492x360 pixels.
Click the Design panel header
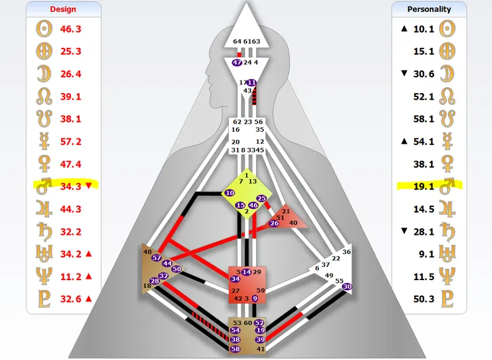(63, 9)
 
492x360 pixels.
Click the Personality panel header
(428, 9)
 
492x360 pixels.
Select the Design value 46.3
(70, 29)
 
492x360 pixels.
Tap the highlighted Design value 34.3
(70, 186)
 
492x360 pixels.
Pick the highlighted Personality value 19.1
(423, 186)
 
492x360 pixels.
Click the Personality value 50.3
(423, 299)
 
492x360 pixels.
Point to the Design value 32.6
(70, 299)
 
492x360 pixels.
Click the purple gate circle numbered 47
(237, 63)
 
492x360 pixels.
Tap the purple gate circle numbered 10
(230, 193)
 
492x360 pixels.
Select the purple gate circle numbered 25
(261, 199)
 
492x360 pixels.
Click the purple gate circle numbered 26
(274, 223)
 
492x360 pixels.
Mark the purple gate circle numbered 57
(157, 258)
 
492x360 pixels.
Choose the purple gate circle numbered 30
(347, 287)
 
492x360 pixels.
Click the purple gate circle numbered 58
(235, 349)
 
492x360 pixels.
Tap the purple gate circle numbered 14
(246, 271)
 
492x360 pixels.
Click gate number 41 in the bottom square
(260, 349)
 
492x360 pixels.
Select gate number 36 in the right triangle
(346, 252)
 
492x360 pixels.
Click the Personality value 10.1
(423, 29)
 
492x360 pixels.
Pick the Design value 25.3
(70, 51)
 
